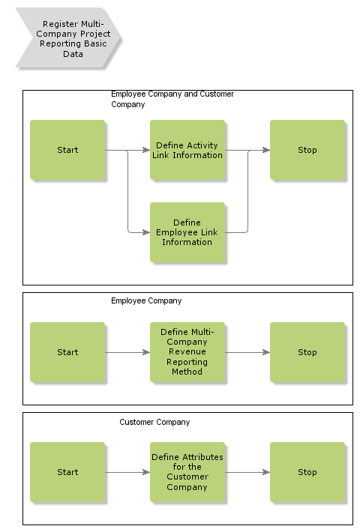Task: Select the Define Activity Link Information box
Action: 187,150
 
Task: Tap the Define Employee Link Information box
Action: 187,232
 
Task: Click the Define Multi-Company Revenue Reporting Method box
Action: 187,352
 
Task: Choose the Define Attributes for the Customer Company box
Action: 187,472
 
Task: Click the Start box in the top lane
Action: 67,150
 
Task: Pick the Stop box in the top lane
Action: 307,150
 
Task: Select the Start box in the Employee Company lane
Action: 67,352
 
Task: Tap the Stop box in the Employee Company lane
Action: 307,352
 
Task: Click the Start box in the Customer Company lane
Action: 67,472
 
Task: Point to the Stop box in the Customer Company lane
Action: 307,472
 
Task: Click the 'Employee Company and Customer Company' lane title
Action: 172,99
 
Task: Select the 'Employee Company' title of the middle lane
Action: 146,300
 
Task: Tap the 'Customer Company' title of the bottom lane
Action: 154,422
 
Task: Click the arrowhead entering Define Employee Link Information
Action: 146,232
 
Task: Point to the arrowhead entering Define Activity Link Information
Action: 146,150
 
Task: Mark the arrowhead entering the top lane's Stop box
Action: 266,150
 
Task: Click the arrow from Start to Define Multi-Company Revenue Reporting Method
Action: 127,352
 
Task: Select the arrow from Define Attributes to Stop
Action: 247,472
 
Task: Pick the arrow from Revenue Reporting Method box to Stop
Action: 247,352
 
